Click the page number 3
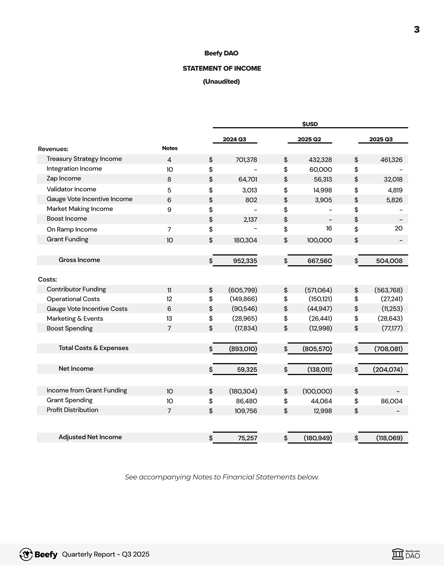click(417, 30)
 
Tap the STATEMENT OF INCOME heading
click(222, 68)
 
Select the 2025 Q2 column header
click(309, 139)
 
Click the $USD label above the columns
click(310, 124)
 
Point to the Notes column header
click(170, 148)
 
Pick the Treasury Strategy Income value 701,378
click(246, 160)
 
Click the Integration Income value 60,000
click(321, 170)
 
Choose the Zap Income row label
click(64, 179)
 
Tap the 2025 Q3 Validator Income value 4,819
click(395, 190)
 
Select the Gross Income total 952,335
click(245, 261)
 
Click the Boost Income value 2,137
click(250, 220)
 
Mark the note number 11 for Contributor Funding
click(169, 290)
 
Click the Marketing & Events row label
click(75, 319)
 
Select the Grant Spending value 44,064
click(321, 401)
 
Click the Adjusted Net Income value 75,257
click(247, 438)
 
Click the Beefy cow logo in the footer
click(26, 554)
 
